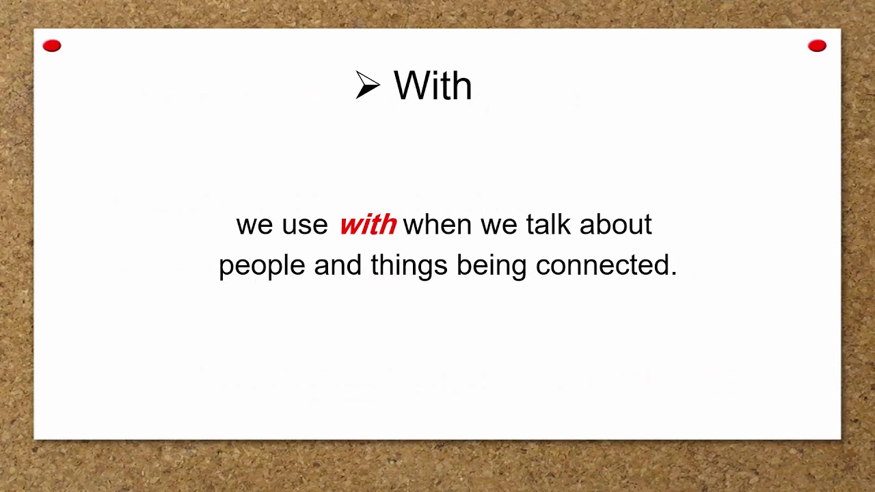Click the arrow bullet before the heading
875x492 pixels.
[367, 85]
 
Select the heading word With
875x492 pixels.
[433, 87]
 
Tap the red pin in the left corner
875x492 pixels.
[52, 46]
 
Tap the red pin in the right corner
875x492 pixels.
[817, 46]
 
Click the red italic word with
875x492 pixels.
[368, 225]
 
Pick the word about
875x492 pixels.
[616, 224]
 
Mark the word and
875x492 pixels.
[338, 264]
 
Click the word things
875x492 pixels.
[409, 266]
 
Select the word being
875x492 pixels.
[492, 266]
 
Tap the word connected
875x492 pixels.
[602, 264]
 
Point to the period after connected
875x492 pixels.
[674, 273]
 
